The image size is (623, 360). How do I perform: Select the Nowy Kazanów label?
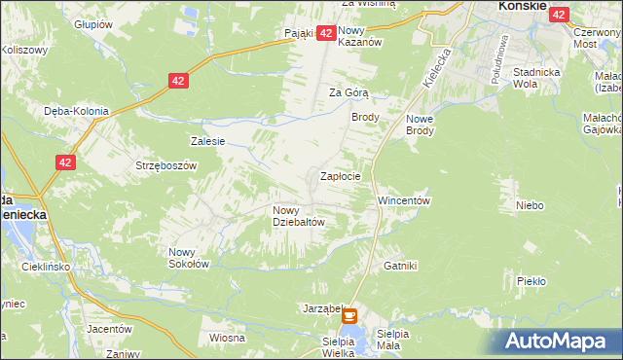(x=358, y=36)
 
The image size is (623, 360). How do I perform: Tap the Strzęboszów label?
(x=166, y=165)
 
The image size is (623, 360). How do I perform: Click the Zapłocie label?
(x=341, y=177)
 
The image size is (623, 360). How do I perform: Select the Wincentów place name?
(x=404, y=200)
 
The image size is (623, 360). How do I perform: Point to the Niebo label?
(x=530, y=205)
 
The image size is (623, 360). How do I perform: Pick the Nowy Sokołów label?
(x=189, y=257)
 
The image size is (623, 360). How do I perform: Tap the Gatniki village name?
(x=400, y=265)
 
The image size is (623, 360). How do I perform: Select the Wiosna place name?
(x=226, y=338)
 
